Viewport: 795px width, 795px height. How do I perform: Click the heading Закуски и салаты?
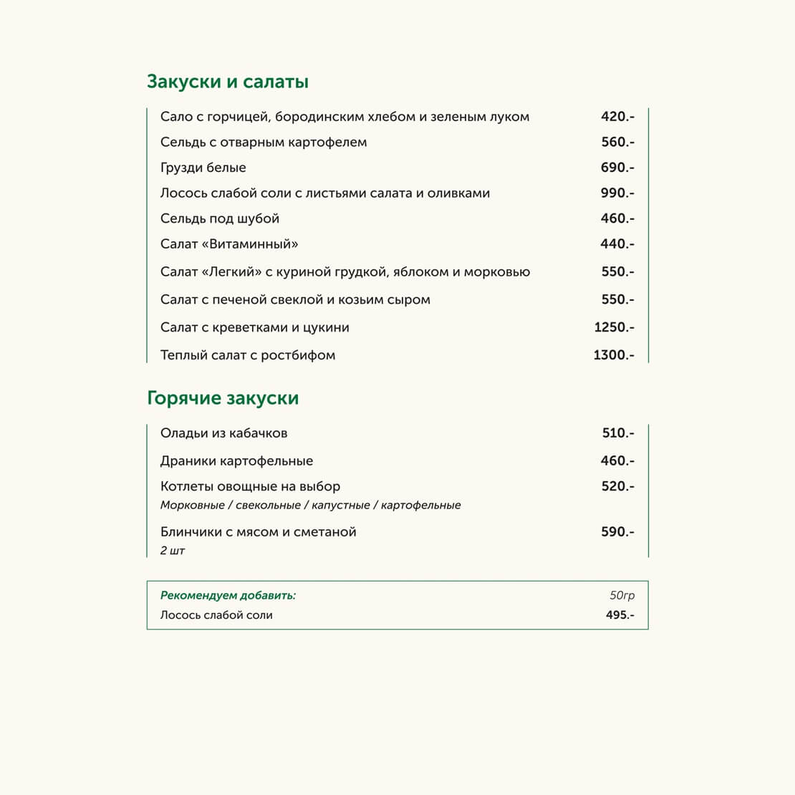click(228, 82)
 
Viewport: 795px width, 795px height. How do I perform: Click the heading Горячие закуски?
click(223, 398)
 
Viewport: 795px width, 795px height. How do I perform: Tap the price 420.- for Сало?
click(617, 117)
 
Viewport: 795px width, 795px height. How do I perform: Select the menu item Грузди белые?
click(203, 168)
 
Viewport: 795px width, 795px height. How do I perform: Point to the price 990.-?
click(617, 193)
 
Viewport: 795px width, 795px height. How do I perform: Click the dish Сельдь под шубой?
click(220, 218)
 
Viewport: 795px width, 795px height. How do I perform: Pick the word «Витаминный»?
click(250, 244)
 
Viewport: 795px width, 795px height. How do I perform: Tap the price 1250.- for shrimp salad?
click(614, 327)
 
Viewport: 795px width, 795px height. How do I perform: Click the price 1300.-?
click(614, 355)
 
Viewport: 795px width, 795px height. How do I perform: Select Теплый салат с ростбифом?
click(248, 355)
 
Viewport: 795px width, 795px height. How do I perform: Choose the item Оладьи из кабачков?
click(224, 433)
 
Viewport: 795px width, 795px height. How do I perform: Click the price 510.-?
click(618, 433)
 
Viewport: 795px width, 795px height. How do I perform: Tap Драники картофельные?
click(237, 461)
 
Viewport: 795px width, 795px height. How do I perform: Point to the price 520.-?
click(617, 486)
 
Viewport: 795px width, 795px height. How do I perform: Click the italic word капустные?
click(341, 506)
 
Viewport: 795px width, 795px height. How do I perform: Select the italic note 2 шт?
click(173, 551)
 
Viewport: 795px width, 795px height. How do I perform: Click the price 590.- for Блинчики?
click(617, 532)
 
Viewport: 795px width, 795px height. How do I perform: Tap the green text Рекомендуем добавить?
click(228, 595)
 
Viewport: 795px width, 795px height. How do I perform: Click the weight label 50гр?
click(622, 595)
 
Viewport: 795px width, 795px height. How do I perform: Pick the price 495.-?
click(620, 615)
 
